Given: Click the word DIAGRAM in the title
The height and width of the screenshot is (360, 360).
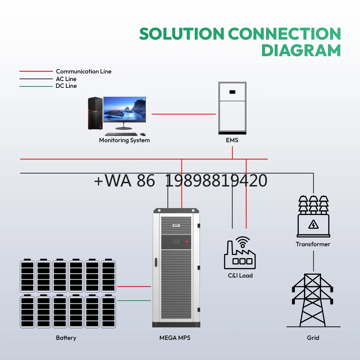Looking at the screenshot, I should click(x=301, y=50).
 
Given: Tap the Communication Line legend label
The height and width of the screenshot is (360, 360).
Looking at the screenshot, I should click(x=84, y=71).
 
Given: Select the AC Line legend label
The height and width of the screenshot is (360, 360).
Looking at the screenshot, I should click(x=66, y=79).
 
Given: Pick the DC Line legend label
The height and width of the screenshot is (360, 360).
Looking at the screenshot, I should click(x=66, y=86).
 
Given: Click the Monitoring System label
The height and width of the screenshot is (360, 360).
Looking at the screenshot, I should click(x=124, y=140).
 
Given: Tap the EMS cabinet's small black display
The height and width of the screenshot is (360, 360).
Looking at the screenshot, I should click(x=233, y=92).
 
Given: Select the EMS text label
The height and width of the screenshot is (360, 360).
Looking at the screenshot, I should click(x=232, y=140).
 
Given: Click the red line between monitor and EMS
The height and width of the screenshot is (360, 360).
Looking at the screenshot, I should click(x=184, y=114).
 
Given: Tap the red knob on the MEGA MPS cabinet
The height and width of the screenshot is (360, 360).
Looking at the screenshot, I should click(x=186, y=242).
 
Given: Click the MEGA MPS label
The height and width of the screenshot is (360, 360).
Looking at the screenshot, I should click(x=175, y=338).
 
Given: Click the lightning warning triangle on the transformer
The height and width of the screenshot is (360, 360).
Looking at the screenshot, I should click(x=313, y=225).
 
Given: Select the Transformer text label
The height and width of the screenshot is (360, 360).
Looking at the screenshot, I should click(x=313, y=244).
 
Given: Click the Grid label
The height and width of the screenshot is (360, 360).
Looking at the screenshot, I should click(x=313, y=338).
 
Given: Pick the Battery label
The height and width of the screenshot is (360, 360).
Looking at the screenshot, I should click(x=66, y=338).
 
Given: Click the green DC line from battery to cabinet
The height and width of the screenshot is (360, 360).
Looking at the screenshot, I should click(x=134, y=300).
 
